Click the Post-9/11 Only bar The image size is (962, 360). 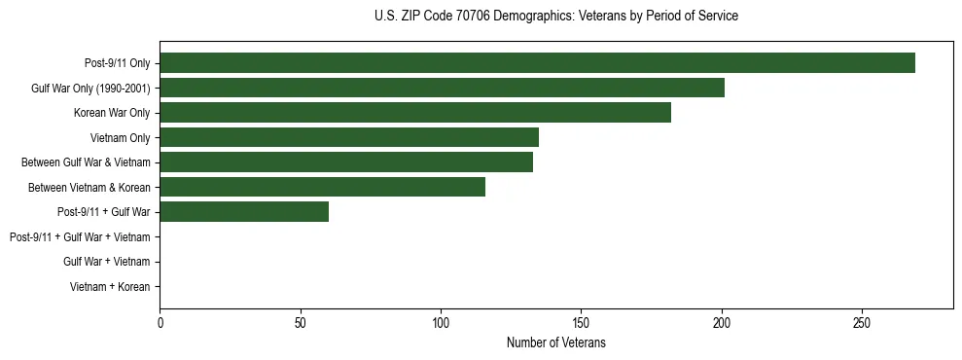click(537, 63)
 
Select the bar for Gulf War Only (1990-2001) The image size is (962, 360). click(442, 88)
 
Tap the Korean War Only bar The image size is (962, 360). click(415, 113)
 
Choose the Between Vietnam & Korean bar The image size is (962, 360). click(322, 187)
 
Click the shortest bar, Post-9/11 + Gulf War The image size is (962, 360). click(244, 211)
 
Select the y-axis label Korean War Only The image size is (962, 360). click(112, 113)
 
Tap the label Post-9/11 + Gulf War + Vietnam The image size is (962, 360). click(80, 236)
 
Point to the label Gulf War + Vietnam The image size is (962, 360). click(106, 262)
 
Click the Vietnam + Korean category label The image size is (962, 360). click(110, 287)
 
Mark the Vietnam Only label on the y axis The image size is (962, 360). click(120, 137)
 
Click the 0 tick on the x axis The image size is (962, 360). click(160, 323)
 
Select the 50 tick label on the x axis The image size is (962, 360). click(301, 323)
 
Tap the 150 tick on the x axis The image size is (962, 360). click(581, 323)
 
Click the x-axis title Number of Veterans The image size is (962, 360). click(555, 342)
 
